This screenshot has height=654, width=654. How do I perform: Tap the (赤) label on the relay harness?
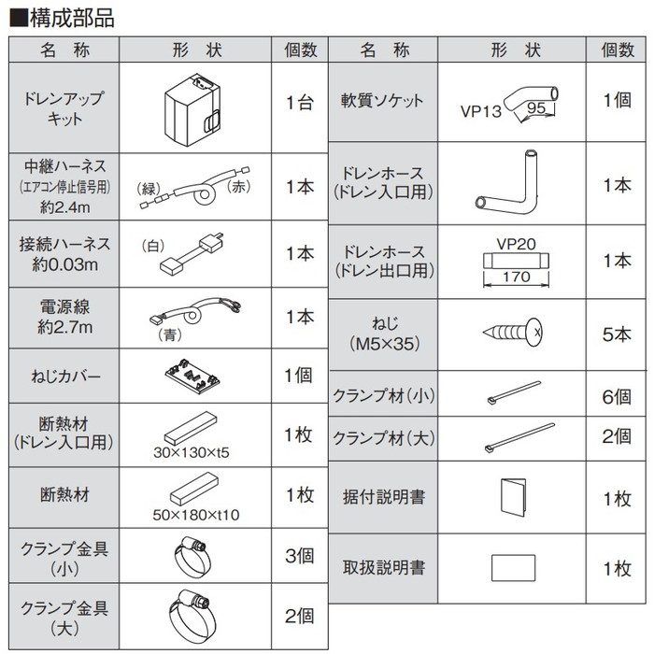[x=240, y=188]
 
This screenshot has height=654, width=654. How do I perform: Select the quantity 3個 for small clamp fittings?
[x=299, y=555]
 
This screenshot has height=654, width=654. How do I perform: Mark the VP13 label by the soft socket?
[x=481, y=109]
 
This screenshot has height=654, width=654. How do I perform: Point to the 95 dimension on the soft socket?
[x=536, y=108]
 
